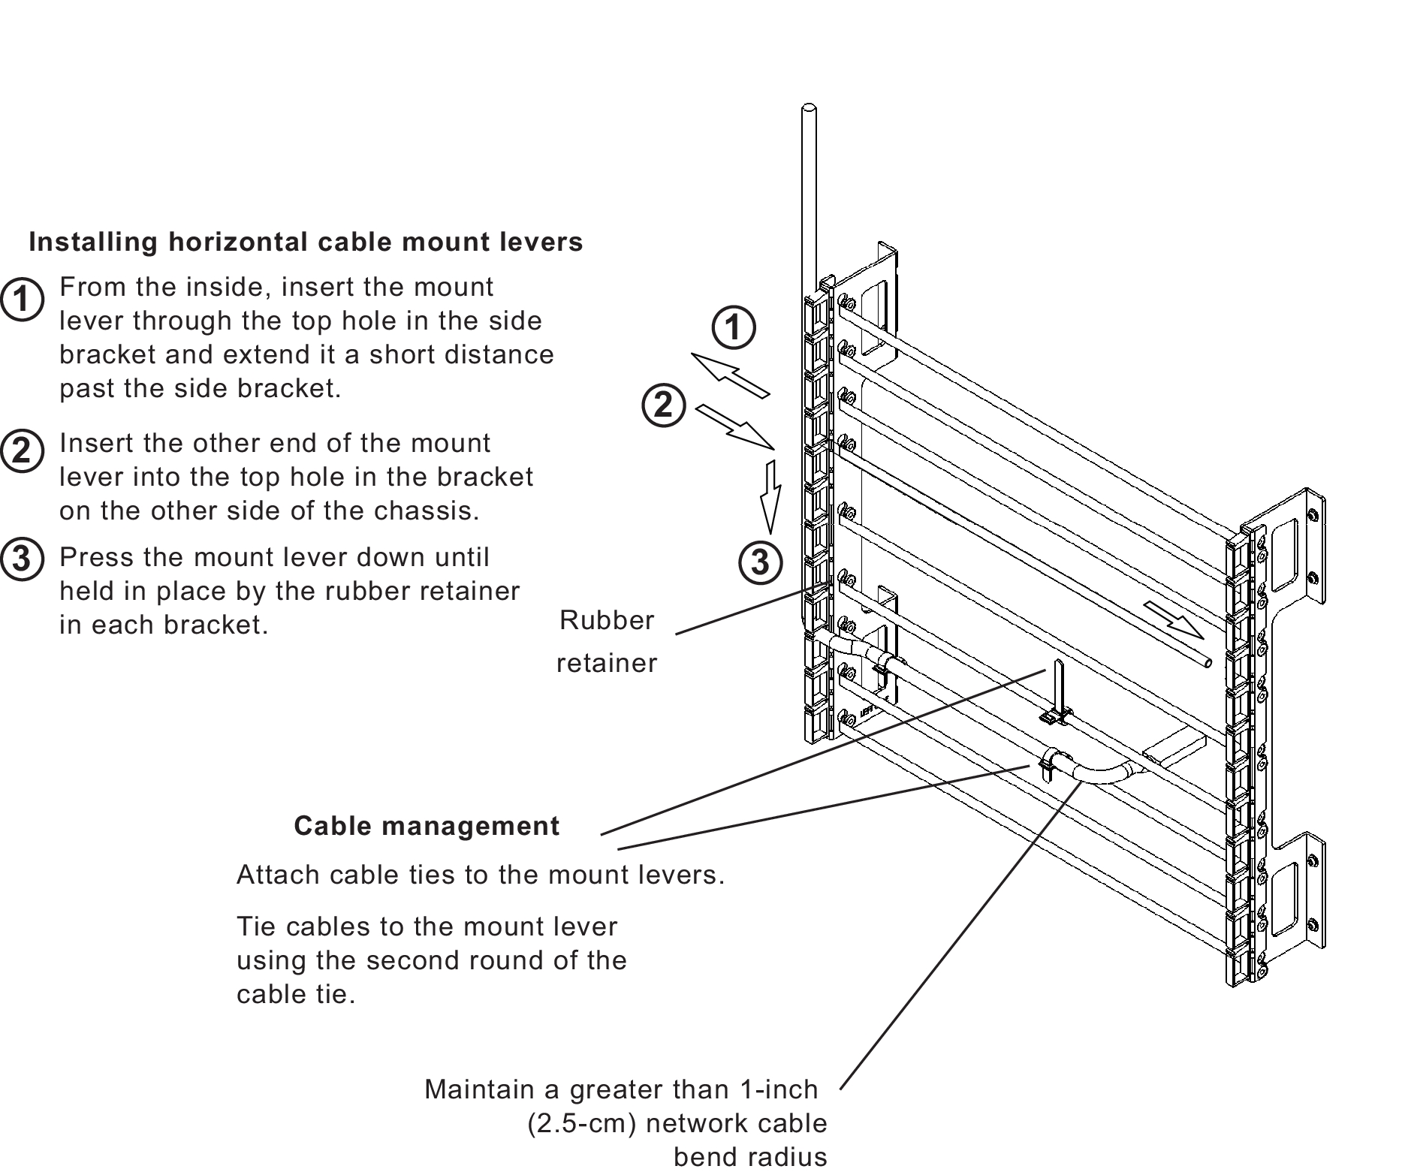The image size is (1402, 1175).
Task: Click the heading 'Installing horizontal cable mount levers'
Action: coord(306,243)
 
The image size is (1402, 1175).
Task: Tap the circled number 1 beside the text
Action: coord(22,300)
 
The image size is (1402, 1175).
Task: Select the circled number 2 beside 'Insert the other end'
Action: coord(22,452)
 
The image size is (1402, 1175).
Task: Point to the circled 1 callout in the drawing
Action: coord(733,327)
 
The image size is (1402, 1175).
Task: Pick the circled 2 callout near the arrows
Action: coord(663,405)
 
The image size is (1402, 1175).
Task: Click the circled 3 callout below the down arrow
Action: coord(759,562)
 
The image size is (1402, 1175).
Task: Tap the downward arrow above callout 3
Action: coord(768,496)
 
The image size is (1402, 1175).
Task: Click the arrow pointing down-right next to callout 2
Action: coord(737,429)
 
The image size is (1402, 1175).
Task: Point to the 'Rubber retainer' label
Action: coord(607,641)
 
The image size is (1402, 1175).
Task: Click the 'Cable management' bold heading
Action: coord(426,826)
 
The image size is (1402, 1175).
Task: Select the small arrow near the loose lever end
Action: coord(1174,620)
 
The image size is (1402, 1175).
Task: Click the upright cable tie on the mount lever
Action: coord(1058,691)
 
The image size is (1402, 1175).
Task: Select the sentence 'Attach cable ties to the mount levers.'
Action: coord(480,875)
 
